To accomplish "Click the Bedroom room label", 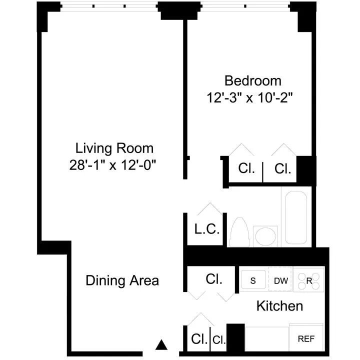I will (x=252, y=80).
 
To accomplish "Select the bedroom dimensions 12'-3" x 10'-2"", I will (x=249, y=97).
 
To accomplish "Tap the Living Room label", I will (x=114, y=148).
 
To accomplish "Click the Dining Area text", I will (x=122, y=280).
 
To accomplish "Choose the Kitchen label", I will (x=279, y=305).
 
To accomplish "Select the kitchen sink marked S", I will (x=253, y=280).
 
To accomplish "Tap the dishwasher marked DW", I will (x=280, y=280).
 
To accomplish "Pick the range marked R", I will (x=309, y=280).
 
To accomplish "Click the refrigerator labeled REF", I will (x=306, y=339).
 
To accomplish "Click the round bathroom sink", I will (x=265, y=236).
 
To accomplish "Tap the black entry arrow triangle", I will (x=160, y=344).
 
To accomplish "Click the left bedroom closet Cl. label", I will (x=246, y=168).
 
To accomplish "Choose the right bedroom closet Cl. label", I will (x=283, y=168).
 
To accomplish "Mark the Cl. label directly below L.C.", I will (x=214, y=279).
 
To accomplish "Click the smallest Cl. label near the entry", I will (x=219, y=339).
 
